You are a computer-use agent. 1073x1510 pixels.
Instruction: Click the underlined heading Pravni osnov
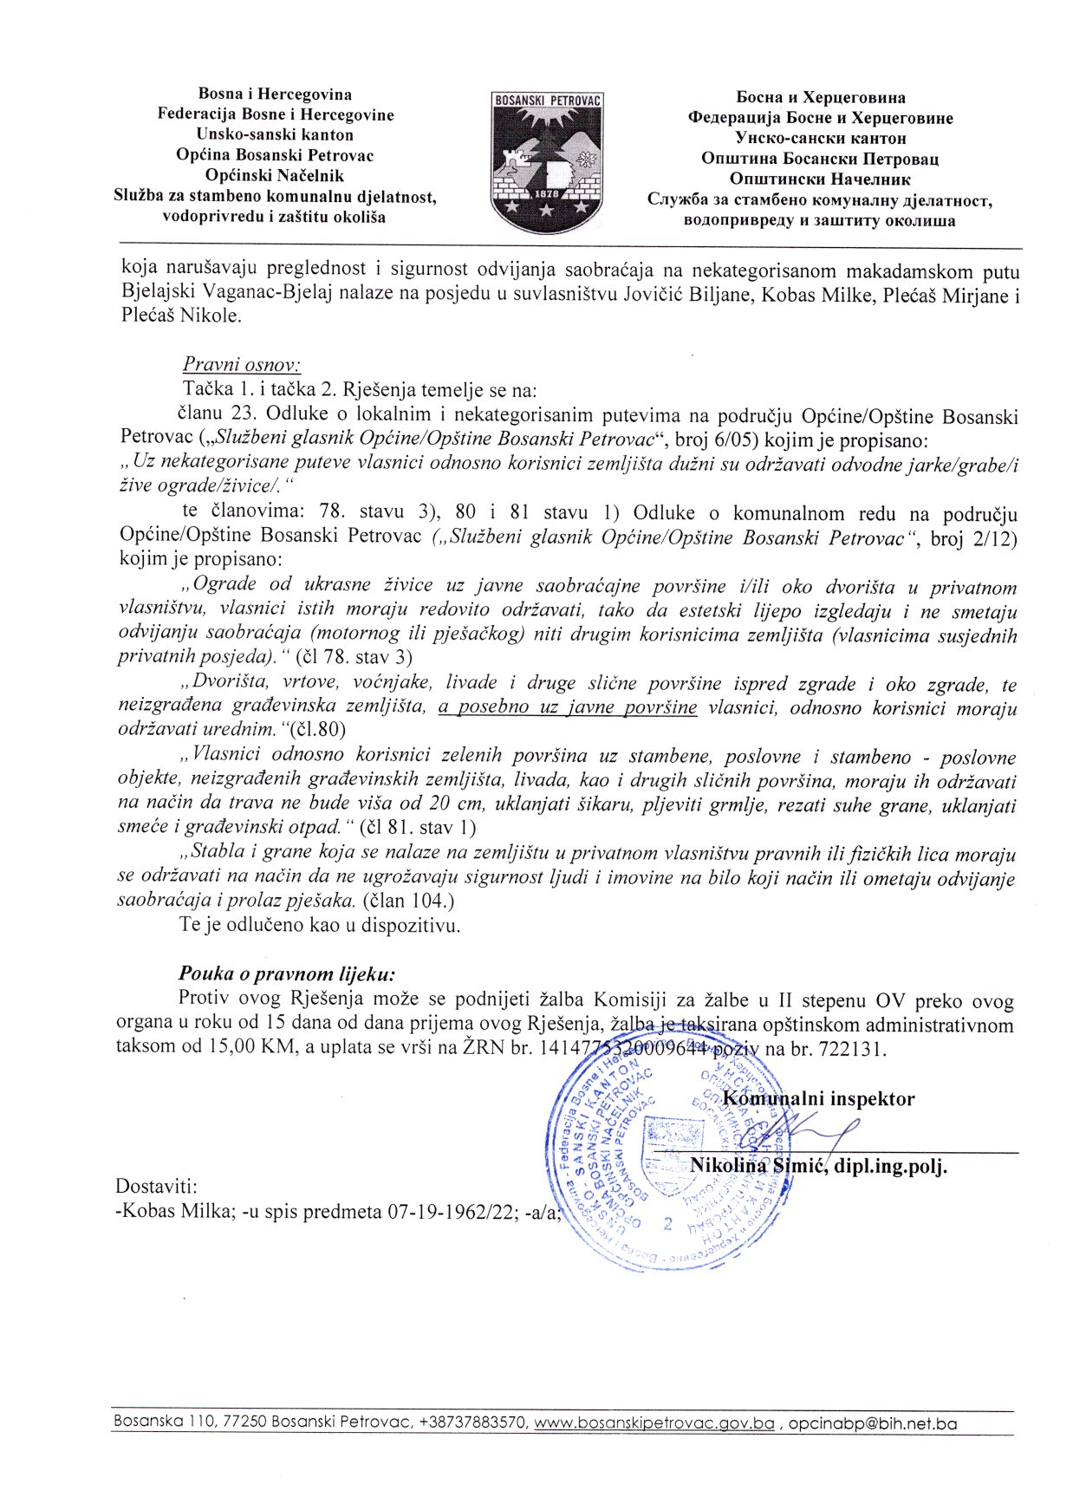(x=241, y=365)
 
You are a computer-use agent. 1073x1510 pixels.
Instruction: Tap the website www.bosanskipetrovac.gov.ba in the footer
(x=654, y=1423)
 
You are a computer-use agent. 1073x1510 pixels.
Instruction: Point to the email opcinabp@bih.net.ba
(x=872, y=1423)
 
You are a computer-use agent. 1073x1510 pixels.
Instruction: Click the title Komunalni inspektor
(x=818, y=1099)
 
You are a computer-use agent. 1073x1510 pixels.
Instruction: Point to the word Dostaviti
(x=156, y=1187)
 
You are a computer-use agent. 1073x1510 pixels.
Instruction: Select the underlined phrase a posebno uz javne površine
(x=568, y=707)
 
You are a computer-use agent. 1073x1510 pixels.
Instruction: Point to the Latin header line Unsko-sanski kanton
(x=275, y=134)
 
